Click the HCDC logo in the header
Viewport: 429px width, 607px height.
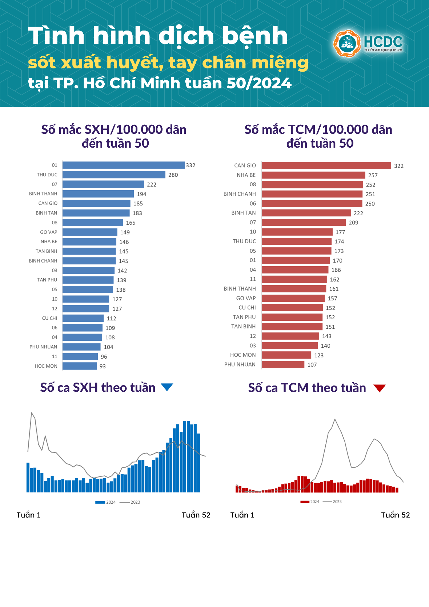[x=368, y=43]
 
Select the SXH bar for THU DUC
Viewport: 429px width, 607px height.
[x=114, y=175]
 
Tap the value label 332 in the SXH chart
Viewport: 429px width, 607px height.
[x=191, y=165]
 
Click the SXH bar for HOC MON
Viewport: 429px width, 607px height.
[x=80, y=366]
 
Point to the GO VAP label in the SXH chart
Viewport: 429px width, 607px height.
[x=49, y=232]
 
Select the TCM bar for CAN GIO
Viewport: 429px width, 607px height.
[x=326, y=165]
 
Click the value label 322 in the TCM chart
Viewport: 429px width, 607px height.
[x=399, y=166]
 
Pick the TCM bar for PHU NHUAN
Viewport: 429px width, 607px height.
[x=283, y=364]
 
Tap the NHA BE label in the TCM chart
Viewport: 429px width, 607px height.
[x=246, y=175]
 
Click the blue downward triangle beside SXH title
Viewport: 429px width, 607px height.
[x=167, y=387]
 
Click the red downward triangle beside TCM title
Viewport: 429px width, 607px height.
[x=380, y=388]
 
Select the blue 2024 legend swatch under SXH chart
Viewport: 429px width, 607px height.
[x=100, y=502]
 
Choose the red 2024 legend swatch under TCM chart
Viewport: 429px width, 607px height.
[x=305, y=502]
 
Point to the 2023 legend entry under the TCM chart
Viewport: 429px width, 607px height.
[x=333, y=502]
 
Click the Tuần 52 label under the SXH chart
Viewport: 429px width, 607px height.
[x=196, y=515]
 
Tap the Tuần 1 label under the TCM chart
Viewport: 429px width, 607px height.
[x=242, y=515]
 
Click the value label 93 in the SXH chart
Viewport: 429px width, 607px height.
[x=103, y=366]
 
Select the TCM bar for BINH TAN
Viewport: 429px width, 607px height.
[x=306, y=213]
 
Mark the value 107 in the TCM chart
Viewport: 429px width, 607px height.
[x=312, y=365]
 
